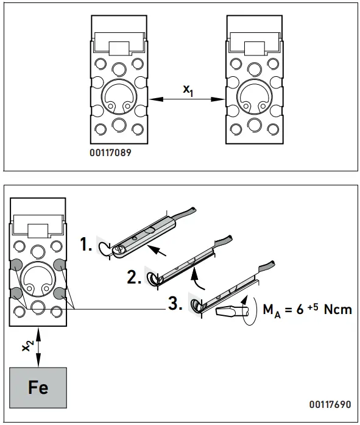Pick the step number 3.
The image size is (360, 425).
coord(175,304)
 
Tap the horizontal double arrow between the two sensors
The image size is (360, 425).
coord(187,98)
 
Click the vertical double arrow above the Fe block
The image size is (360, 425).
coord(38,346)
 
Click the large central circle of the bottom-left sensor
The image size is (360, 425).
coord(38,279)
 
